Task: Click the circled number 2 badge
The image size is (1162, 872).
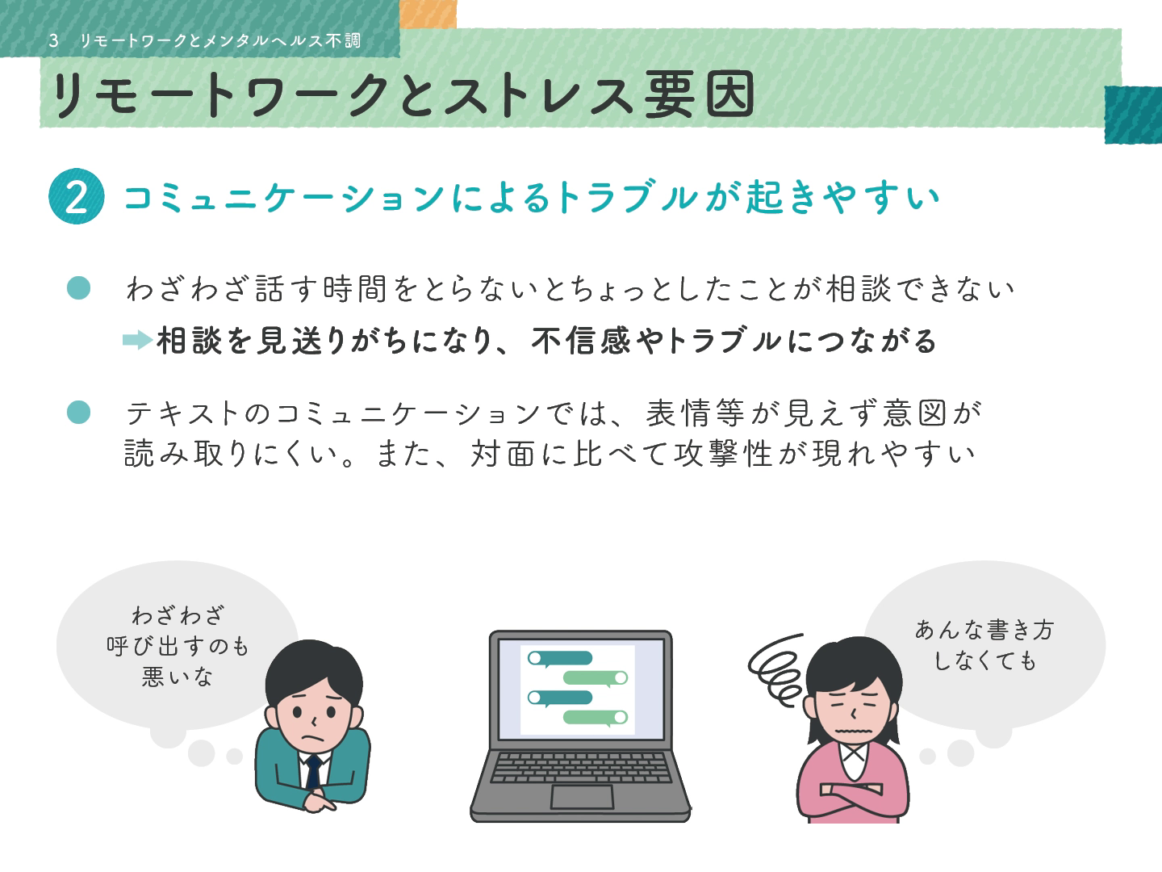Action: [76, 196]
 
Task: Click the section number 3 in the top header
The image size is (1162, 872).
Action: [53, 40]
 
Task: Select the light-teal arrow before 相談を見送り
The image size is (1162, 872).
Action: [138, 340]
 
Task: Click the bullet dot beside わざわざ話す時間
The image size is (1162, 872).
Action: [79, 288]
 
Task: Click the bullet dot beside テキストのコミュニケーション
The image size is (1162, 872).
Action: [79, 413]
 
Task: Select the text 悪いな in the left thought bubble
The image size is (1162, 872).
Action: [178, 676]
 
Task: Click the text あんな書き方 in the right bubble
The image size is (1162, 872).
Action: [984, 630]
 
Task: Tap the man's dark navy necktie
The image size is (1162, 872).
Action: [313, 771]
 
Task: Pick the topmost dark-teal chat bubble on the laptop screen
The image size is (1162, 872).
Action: [559, 658]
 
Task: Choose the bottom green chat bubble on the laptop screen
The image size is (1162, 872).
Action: [596, 718]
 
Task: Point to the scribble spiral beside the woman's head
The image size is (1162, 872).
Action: [776, 670]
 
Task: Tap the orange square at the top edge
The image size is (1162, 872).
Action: [428, 14]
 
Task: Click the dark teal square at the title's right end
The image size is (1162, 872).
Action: [1133, 115]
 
